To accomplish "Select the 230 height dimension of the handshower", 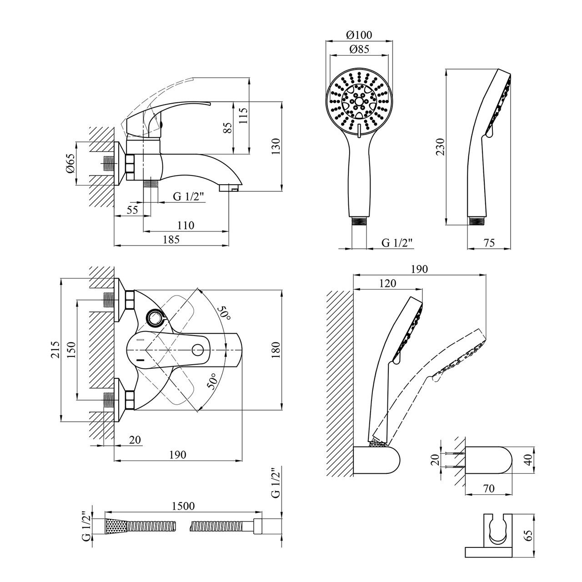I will (x=440, y=147).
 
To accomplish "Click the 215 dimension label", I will (x=55, y=349).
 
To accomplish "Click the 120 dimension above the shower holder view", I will (x=387, y=283).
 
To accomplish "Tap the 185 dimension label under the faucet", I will (x=170, y=240).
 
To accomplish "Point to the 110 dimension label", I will (x=186, y=225).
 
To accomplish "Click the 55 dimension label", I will (x=132, y=210).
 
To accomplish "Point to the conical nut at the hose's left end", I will (x=114, y=527).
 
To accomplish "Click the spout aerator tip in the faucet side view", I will (x=230, y=187).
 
